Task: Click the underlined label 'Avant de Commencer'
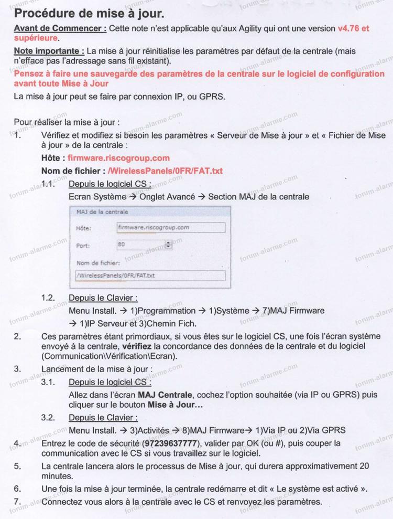(60, 28)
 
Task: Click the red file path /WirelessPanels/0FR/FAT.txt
(165, 171)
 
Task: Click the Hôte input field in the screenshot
(170, 228)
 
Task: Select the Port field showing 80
(140, 244)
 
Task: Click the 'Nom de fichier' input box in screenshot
(150, 275)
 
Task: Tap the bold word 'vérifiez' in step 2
(138, 347)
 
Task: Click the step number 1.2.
(48, 298)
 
